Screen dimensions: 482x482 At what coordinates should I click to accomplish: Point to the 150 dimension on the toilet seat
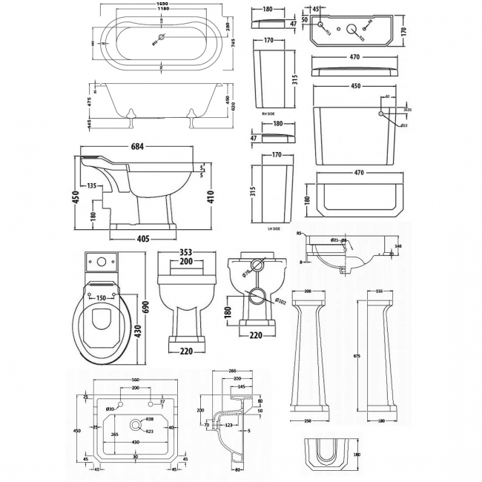[x=99, y=298]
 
